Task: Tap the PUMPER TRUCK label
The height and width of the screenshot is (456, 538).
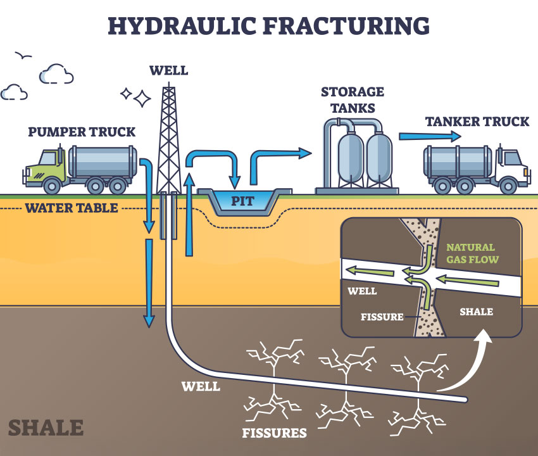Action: (x=82, y=132)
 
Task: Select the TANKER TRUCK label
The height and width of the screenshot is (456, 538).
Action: (x=477, y=122)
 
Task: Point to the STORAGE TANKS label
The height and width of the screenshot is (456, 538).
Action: (x=353, y=99)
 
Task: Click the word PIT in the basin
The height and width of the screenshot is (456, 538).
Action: (x=242, y=202)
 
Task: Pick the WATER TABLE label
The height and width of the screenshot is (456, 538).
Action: (x=72, y=208)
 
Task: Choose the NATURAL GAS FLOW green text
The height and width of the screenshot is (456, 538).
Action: (x=472, y=253)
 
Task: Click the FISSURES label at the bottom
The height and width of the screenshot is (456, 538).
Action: (x=274, y=434)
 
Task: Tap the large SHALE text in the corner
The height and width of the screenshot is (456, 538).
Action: (x=46, y=427)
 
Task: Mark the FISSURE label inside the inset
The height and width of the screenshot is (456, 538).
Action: (x=381, y=317)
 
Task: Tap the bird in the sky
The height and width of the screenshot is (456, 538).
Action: (x=24, y=56)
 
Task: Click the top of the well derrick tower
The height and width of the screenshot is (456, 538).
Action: (x=168, y=89)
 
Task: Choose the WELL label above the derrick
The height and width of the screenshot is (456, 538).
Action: (x=168, y=70)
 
